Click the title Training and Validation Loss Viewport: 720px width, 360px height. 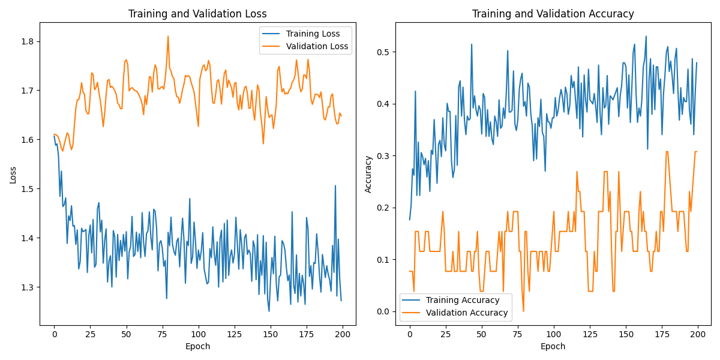pyautogui.click(x=197, y=14)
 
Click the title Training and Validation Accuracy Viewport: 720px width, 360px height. pyautogui.click(x=553, y=14)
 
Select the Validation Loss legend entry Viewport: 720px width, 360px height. pyautogui.click(x=317, y=46)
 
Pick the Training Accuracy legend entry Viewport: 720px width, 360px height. pyautogui.click(x=462, y=300)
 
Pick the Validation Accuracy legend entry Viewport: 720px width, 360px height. pyautogui.click(x=466, y=313)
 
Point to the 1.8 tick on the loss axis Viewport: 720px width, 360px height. pyautogui.click(x=28, y=41)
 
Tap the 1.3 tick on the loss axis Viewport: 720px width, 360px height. pyautogui.click(x=28, y=287)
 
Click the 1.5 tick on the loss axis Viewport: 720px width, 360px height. pyautogui.click(x=28, y=189)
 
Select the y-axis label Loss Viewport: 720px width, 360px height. pyautogui.click(x=13, y=175)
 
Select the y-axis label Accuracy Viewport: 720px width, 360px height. pyautogui.click(x=368, y=175)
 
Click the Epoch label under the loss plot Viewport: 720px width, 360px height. pyautogui.click(x=197, y=346)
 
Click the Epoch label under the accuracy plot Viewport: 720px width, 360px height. pyautogui.click(x=553, y=346)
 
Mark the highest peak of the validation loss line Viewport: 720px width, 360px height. pyautogui.click(x=168, y=36)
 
